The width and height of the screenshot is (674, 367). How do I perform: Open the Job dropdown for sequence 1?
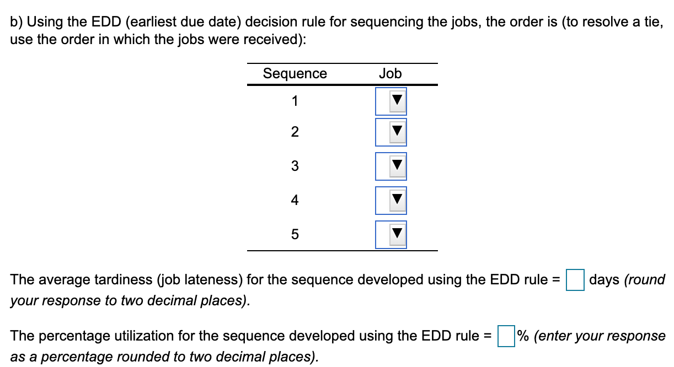391,101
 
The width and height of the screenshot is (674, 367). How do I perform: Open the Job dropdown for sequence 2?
391,132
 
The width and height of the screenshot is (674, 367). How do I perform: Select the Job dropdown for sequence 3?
391,166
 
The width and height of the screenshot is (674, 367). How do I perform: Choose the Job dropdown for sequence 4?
391,201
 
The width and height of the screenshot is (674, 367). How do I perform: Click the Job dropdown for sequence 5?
391,235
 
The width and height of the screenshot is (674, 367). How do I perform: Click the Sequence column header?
295,74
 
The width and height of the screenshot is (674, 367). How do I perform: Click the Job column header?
391,74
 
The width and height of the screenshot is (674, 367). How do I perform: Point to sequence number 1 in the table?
295,101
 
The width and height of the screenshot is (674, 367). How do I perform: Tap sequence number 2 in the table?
295,132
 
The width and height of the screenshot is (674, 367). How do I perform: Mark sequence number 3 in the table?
295,166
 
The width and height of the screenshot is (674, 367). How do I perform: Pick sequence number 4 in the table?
295,201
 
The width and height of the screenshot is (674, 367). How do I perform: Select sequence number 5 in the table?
295,235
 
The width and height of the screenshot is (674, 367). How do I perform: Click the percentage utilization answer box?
506,336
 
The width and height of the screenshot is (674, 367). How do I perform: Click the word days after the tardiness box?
605,279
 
